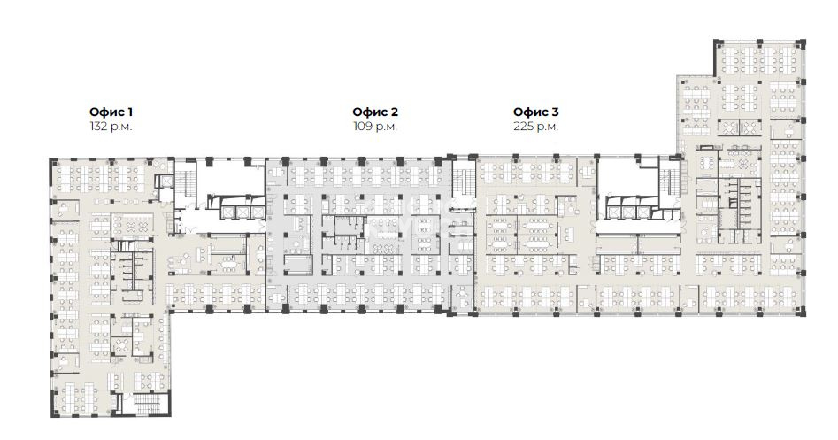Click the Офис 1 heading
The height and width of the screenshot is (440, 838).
[111, 112]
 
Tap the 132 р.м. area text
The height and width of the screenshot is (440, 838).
[111, 127]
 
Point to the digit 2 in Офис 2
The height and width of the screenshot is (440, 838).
[394, 112]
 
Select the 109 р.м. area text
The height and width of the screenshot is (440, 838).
[374, 127]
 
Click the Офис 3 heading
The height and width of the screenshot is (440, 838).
[535, 112]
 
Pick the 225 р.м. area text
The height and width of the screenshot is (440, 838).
[535, 127]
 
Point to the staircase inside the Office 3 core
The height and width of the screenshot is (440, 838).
[670, 184]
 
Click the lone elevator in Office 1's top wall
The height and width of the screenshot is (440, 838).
[164, 181]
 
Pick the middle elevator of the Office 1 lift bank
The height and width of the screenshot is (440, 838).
[242, 212]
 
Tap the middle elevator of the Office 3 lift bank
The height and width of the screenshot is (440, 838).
[627, 212]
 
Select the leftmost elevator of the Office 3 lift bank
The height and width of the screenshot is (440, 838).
[612, 212]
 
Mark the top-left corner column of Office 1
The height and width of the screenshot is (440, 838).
[53, 161]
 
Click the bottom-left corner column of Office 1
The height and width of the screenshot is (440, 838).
[55, 413]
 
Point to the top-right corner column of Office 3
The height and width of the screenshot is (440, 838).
[800, 43]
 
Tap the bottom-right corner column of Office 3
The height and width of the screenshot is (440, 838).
[801, 311]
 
